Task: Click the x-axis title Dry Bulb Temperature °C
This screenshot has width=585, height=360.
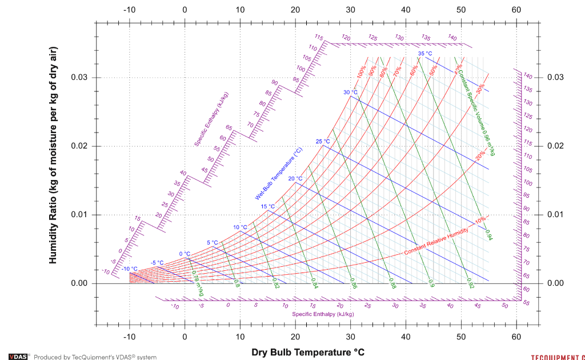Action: pos(307,351)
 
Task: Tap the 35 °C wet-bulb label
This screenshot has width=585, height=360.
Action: pos(425,54)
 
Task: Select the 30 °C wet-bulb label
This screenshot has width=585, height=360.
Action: pos(350,93)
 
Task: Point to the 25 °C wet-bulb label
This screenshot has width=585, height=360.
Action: pos(323,141)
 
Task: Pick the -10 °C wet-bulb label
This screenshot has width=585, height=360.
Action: pos(130,269)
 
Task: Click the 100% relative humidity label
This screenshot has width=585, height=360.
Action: pos(361,72)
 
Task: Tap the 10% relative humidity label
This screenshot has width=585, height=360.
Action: pos(480,219)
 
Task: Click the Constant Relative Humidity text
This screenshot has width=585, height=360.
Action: pos(436,241)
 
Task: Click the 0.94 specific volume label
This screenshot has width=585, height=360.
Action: pos(488,234)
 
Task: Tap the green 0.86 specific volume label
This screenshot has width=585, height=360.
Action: pos(353,284)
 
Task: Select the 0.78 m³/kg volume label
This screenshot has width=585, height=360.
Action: pos(197,283)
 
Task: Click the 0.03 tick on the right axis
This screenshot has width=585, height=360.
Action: pos(556,78)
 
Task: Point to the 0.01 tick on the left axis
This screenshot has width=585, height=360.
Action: pos(78,215)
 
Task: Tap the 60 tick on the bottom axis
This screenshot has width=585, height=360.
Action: pos(516,337)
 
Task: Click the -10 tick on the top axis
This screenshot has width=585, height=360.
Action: pos(130,10)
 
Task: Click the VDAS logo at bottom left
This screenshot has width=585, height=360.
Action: pos(19,357)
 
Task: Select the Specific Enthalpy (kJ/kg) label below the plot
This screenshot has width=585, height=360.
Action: pos(323,314)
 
